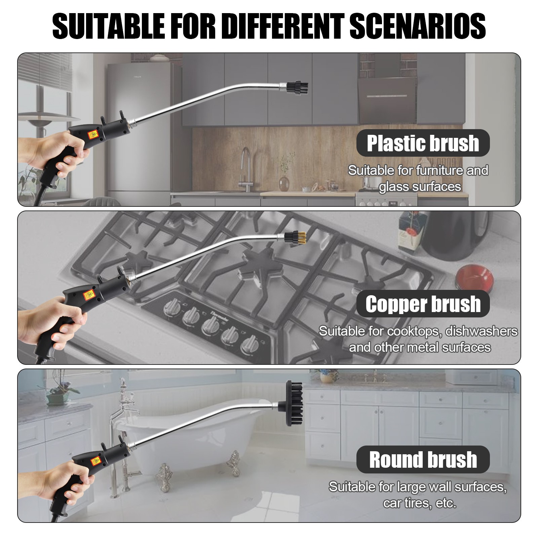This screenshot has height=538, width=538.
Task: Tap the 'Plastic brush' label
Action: [423, 143]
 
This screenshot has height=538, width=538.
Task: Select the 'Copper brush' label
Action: [423, 304]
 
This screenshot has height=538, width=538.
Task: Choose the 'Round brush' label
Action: [423, 459]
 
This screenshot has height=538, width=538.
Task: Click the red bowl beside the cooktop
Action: [474, 277]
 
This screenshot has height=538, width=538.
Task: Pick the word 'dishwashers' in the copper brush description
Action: [481, 331]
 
